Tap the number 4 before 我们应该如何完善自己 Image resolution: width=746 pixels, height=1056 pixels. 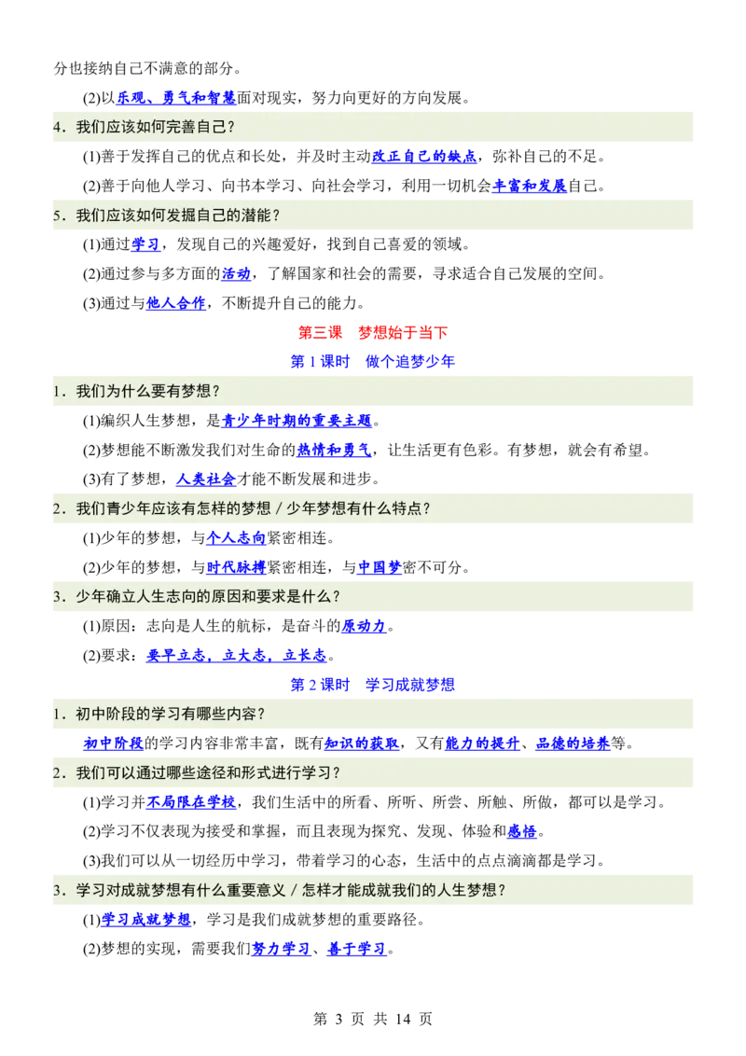(x=57, y=128)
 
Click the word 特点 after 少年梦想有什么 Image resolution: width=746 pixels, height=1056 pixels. (x=413, y=509)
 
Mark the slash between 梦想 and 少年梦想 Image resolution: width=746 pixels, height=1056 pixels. (x=279, y=509)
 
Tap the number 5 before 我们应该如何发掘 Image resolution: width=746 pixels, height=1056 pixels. (x=57, y=215)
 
